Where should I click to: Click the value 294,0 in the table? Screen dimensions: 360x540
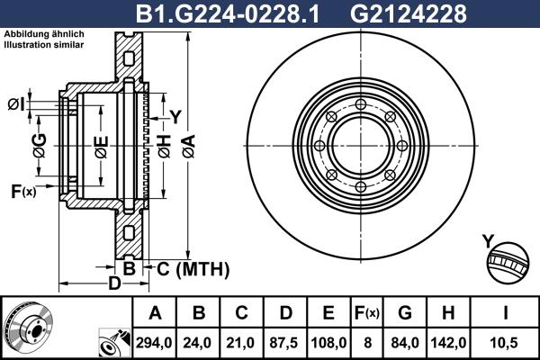[x=155, y=341]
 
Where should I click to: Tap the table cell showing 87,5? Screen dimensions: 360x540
[x=287, y=341]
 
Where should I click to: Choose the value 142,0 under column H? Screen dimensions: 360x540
[x=449, y=341]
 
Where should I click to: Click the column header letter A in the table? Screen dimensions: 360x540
[x=155, y=313]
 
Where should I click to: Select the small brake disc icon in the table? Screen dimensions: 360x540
[x=27, y=328]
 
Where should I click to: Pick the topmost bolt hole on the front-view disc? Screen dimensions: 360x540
[x=361, y=105]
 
